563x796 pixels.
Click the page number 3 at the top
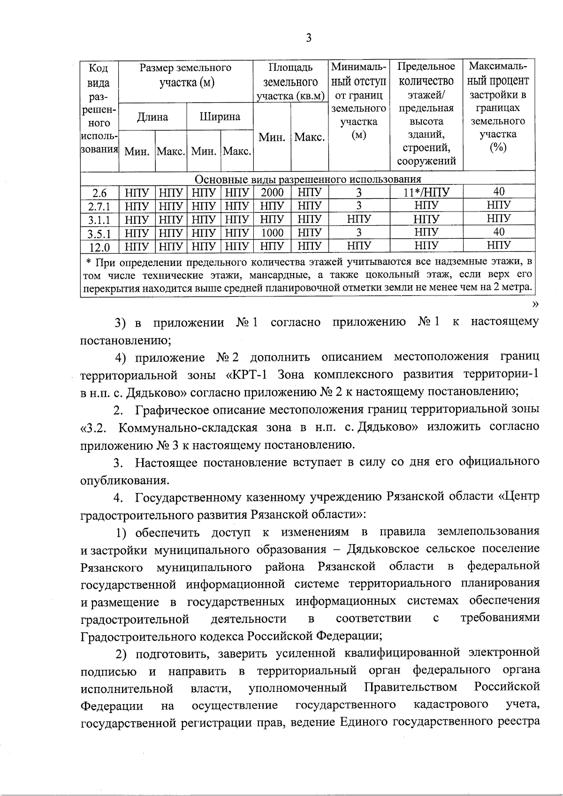(308, 38)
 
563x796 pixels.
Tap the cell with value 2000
(272, 192)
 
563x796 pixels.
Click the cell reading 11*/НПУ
(426, 192)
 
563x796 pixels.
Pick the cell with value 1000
(272, 233)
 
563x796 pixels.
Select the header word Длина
(152, 117)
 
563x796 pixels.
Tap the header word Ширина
(220, 116)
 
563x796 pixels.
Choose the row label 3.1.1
(99, 220)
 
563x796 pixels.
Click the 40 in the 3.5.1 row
(499, 232)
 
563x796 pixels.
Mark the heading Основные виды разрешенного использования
(308, 179)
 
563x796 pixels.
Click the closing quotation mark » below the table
(535, 304)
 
